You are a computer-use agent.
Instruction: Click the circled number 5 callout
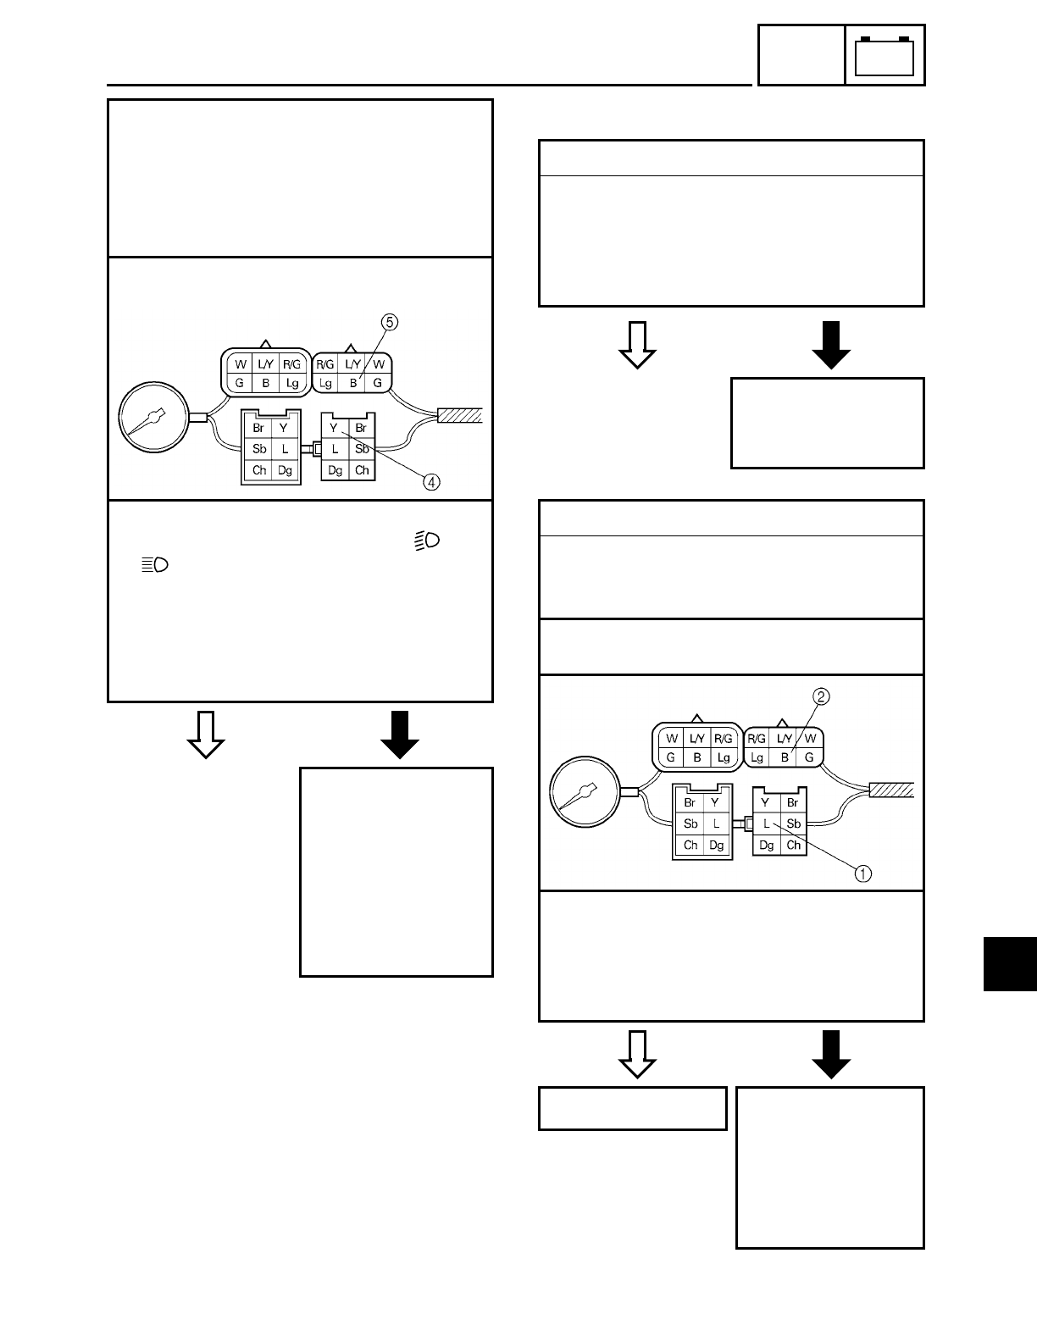click(390, 322)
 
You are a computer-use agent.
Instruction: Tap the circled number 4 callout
click(432, 482)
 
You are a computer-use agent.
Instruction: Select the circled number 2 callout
click(820, 697)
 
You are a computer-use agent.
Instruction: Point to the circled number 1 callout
click(862, 873)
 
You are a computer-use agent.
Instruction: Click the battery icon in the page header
click(884, 56)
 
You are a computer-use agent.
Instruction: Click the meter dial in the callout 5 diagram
click(154, 418)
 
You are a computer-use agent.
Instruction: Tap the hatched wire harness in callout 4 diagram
click(459, 415)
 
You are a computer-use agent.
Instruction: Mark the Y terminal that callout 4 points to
click(335, 428)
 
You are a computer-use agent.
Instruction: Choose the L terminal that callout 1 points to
click(766, 823)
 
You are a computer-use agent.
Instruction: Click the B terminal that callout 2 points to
click(785, 757)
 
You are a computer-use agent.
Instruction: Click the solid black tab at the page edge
click(1010, 963)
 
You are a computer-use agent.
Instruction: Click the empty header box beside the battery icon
click(801, 56)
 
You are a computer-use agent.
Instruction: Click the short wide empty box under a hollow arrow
click(632, 1108)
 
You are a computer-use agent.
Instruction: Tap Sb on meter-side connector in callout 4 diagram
click(259, 448)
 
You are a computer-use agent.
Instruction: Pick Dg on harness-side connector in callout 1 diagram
click(766, 845)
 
